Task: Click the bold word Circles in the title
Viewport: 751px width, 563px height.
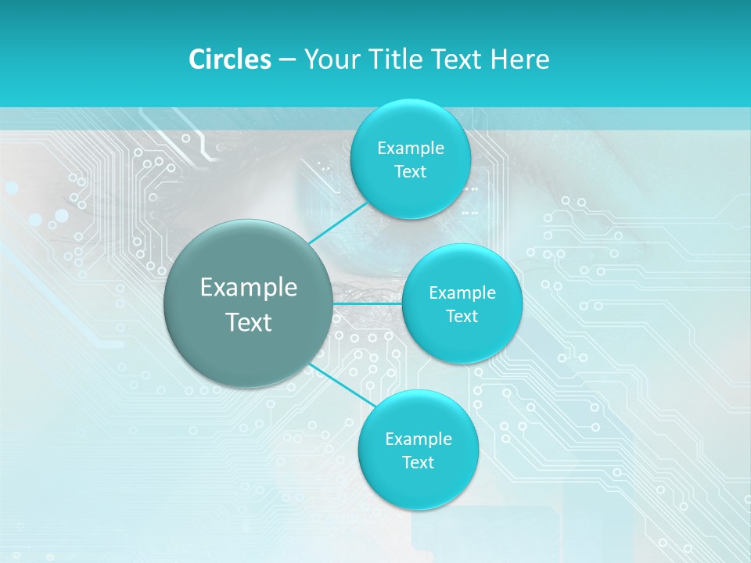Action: pos(229,59)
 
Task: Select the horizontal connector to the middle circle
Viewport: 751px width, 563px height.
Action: pos(368,303)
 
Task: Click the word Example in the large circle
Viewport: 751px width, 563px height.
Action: pos(249,288)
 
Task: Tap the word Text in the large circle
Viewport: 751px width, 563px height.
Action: pos(249,322)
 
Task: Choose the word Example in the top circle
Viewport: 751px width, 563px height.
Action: pos(411,149)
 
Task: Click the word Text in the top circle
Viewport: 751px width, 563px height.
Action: pos(410,172)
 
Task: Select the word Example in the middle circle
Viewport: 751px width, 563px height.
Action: pos(462,293)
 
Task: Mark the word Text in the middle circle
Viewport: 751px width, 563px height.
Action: pos(462,317)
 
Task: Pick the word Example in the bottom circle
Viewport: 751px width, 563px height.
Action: pos(419,439)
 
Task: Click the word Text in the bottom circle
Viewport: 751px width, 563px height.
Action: pos(418,463)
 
